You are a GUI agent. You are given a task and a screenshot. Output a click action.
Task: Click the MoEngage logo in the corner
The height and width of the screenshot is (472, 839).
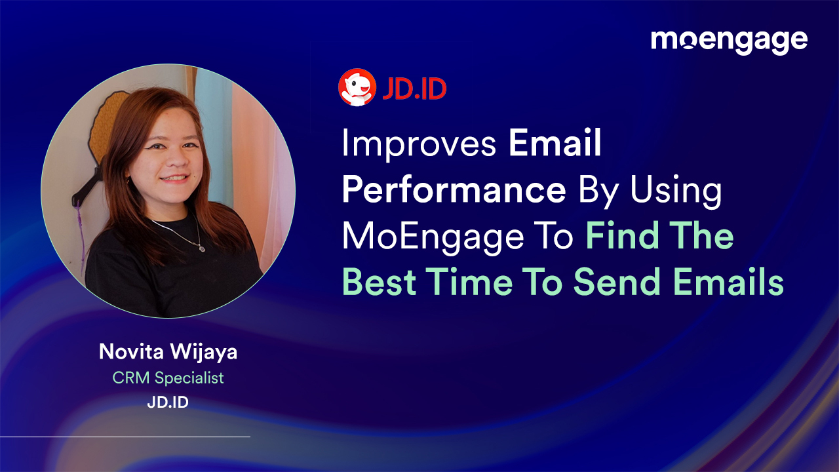pyautogui.click(x=729, y=41)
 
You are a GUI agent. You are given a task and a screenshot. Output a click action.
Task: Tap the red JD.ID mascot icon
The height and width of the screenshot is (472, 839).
pyautogui.click(x=357, y=88)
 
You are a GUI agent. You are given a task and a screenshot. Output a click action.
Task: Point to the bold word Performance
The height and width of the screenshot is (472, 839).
pyautogui.click(x=454, y=191)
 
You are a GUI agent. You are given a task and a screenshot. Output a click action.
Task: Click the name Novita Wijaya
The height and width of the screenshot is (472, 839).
pyautogui.click(x=168, y=352)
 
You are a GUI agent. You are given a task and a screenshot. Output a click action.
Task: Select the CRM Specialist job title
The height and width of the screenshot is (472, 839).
pyautogui.click(x=168, y=378)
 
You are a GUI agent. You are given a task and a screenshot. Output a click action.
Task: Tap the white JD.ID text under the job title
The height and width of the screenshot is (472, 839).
pyautogui.click(x=168, y=402)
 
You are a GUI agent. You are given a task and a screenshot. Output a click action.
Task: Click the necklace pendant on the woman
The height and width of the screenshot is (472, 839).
pyautogui.click(x=201, y=248)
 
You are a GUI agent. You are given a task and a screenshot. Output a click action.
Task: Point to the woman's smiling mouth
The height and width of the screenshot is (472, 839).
pyautogui.click(x=174, y=178)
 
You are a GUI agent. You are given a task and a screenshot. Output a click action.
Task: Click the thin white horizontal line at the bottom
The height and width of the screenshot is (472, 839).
pyautogui.click(x=125, y=437)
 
